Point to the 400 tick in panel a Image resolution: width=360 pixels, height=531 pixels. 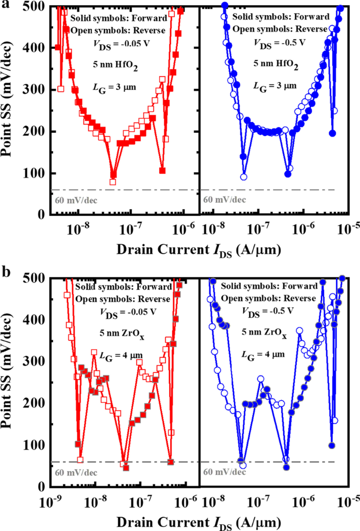click(x=36, y=48)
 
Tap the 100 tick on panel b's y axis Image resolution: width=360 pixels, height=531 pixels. click(x=36, y=445)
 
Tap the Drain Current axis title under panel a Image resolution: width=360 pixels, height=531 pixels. click(x=197, y=251)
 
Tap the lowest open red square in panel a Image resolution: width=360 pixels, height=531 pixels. click(x=112, y=182)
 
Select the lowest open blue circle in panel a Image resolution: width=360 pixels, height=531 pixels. click(x=244, y=177)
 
